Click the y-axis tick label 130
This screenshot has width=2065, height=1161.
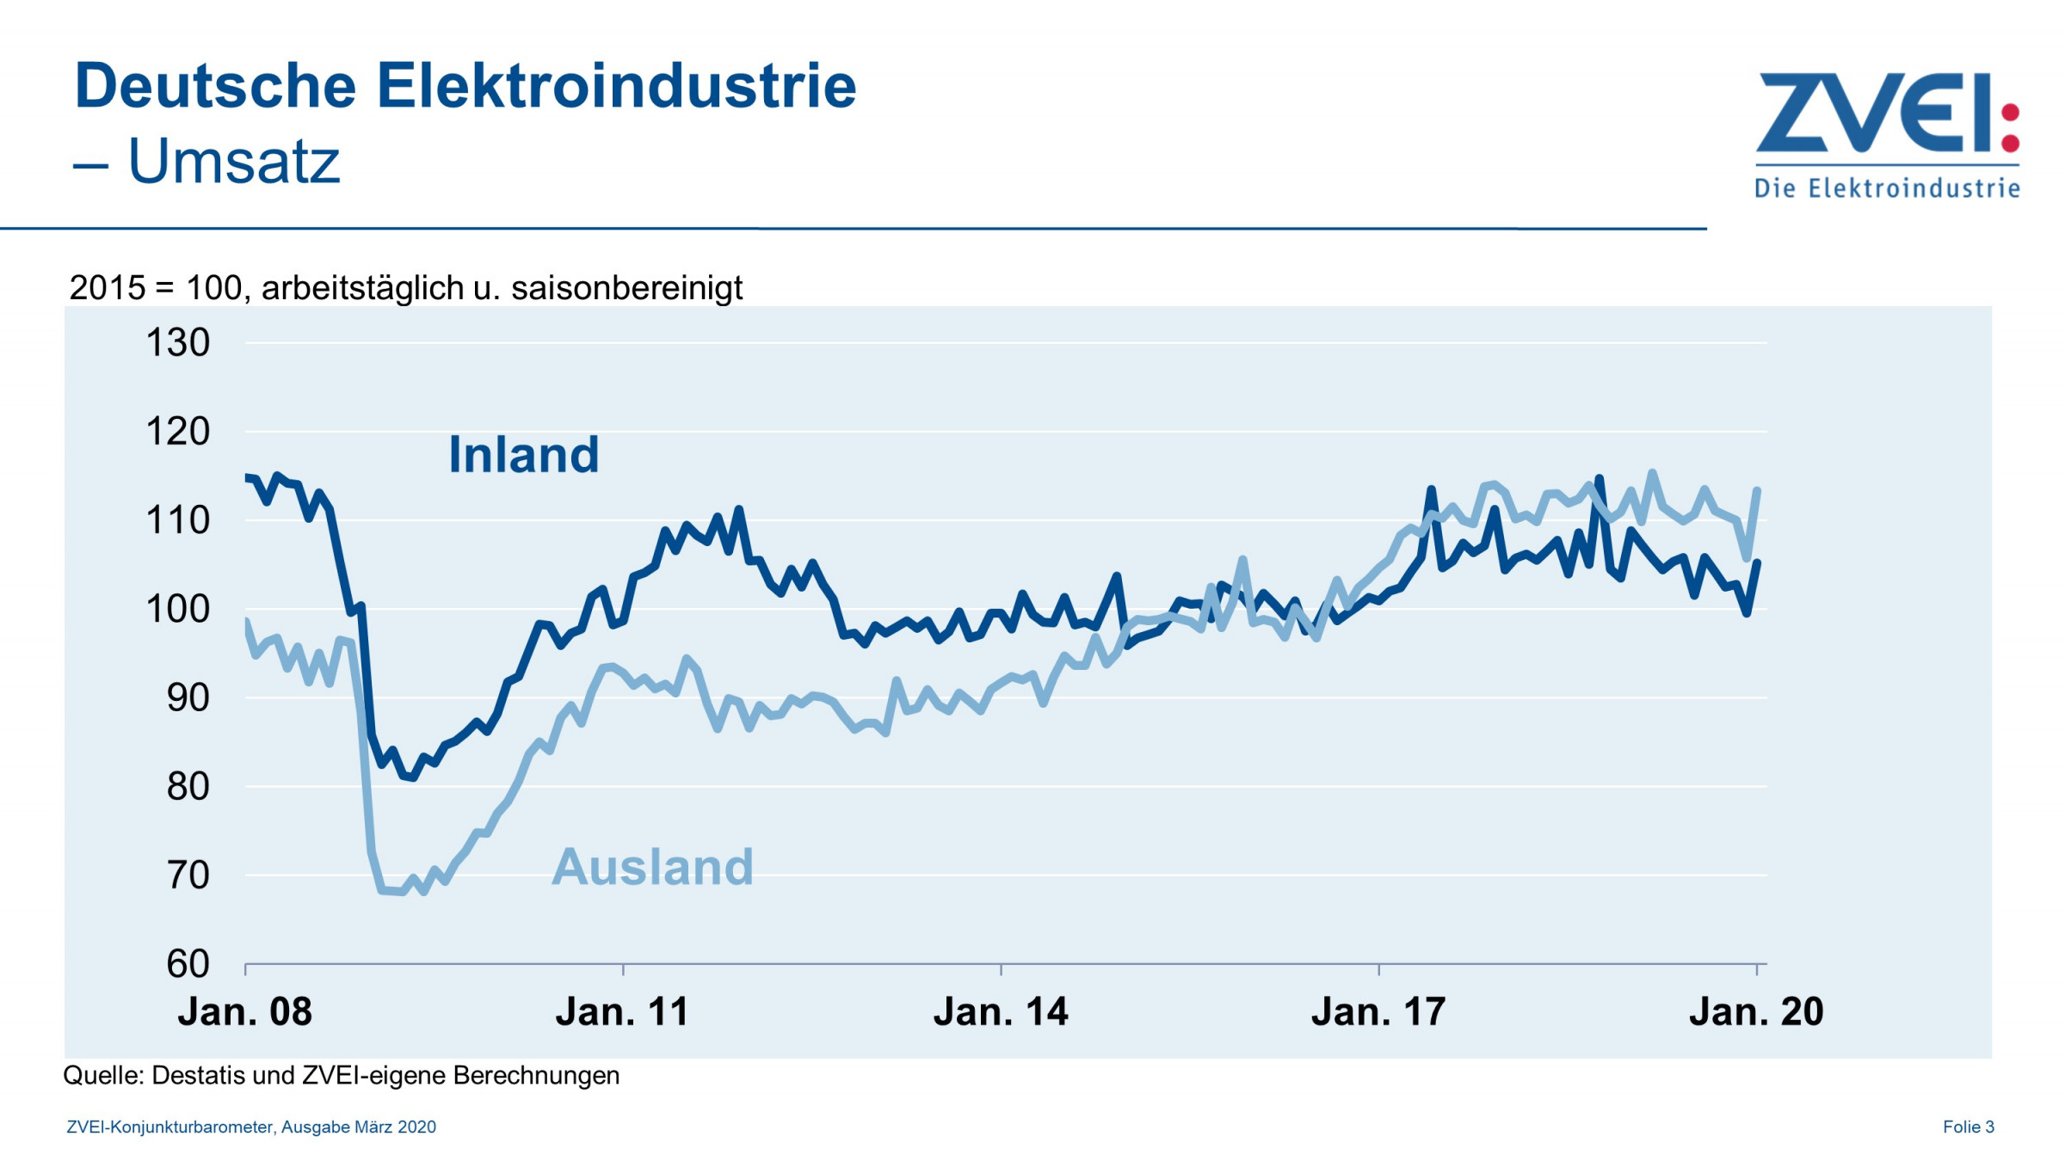(178, 343)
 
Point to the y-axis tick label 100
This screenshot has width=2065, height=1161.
(178, 610)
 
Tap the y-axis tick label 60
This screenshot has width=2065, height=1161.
(188, 964)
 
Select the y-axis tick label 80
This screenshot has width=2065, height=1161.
(188, 787)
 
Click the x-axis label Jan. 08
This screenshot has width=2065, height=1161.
(244, 1012)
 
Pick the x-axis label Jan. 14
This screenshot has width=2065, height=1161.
(1001, 1012)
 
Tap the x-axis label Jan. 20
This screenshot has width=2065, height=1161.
(1756, 1012)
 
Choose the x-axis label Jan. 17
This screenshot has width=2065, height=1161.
(1378, 1012)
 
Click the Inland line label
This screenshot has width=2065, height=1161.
(523, 455)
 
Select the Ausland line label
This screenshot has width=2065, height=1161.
(652, 867)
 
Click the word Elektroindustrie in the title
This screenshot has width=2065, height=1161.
(616, 86)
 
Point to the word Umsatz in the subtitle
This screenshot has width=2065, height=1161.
(234, 161)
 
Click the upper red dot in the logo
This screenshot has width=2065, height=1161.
(2011, 113)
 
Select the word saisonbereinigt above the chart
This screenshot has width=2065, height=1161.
(626, 288)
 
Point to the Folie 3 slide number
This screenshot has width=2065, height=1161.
(1968, 1127)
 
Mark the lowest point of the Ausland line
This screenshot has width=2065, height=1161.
(422, 893)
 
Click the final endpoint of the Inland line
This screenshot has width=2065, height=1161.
(1757, 562)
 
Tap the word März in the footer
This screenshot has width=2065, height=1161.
(373, 1127)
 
